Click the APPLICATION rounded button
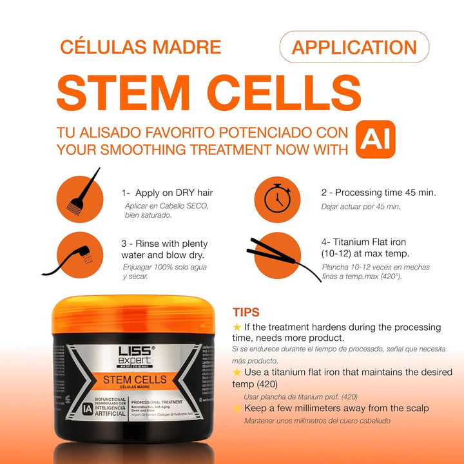click(x=354, y=47)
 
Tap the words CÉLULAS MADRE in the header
click(x=140, y=47)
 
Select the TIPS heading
click(x=246, y=313)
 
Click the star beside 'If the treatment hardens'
click(x=237, y=327)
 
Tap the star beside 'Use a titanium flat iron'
click(x=237, y=372)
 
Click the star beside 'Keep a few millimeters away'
click(x=237, y=408)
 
